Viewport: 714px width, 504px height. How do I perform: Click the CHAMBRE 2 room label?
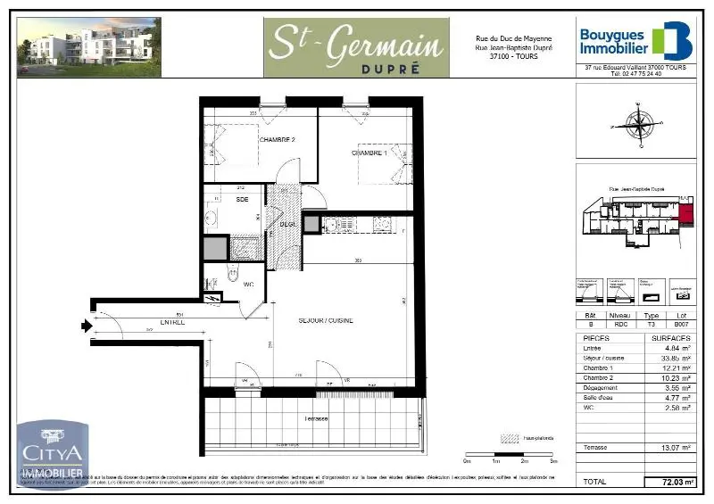277,141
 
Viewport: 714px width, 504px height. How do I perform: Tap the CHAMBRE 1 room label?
369,153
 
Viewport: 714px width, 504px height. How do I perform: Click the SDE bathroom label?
242,200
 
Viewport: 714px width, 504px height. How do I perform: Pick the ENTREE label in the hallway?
172,322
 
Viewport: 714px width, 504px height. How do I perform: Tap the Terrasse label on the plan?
317,419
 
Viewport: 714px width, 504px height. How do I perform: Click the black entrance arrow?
85,326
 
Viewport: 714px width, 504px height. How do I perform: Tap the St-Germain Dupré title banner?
355,46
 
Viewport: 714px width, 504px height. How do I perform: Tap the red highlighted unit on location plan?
685,211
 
